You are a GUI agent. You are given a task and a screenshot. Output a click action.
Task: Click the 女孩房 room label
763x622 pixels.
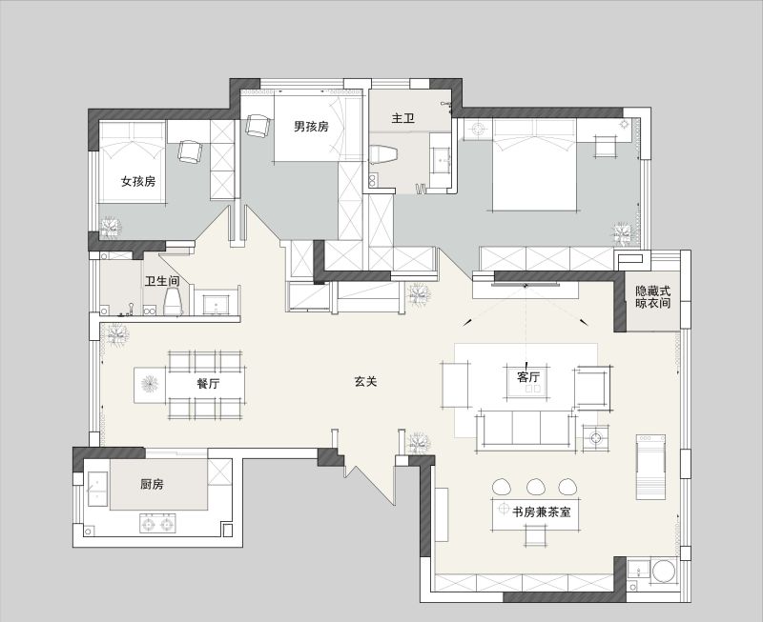pos(138,181)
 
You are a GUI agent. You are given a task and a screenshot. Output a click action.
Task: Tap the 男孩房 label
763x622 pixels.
pos(311,127)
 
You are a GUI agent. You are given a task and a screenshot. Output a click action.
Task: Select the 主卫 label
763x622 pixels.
pos(402,118)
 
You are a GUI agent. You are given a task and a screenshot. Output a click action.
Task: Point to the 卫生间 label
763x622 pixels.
pos(162,281)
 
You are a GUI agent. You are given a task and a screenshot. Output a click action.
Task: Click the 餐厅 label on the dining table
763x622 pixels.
pos(208,384)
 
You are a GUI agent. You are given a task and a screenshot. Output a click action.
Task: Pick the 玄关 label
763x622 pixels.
pos(365,381)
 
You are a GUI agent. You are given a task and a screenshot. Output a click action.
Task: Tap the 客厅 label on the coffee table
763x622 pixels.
pos(528,376)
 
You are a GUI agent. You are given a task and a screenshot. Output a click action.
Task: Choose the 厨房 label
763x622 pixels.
pos(152,484)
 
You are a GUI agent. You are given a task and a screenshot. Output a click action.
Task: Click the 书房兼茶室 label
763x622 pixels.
pos(541,512)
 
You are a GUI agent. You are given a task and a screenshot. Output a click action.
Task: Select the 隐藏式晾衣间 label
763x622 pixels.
pos(653,297)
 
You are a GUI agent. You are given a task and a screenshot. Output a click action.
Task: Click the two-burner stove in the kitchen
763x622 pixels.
pos(157,524)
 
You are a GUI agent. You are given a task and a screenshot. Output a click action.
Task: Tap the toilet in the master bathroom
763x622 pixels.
pos(383,154)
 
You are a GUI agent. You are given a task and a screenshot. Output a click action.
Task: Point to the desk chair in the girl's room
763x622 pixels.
pos(189,151)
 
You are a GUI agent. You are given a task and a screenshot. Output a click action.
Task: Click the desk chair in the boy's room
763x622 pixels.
pos(258,126)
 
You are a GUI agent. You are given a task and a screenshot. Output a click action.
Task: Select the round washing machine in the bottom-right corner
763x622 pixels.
pos(664,571)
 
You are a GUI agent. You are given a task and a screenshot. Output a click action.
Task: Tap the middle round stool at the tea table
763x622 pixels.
pos(536,487)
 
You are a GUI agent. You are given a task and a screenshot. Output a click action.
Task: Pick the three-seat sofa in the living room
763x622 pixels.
pos(526,431)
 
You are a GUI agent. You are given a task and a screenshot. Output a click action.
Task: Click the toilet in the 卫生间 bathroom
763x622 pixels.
pos(173,301)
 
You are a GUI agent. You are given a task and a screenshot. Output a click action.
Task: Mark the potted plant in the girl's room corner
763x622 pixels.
pos(110,228)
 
